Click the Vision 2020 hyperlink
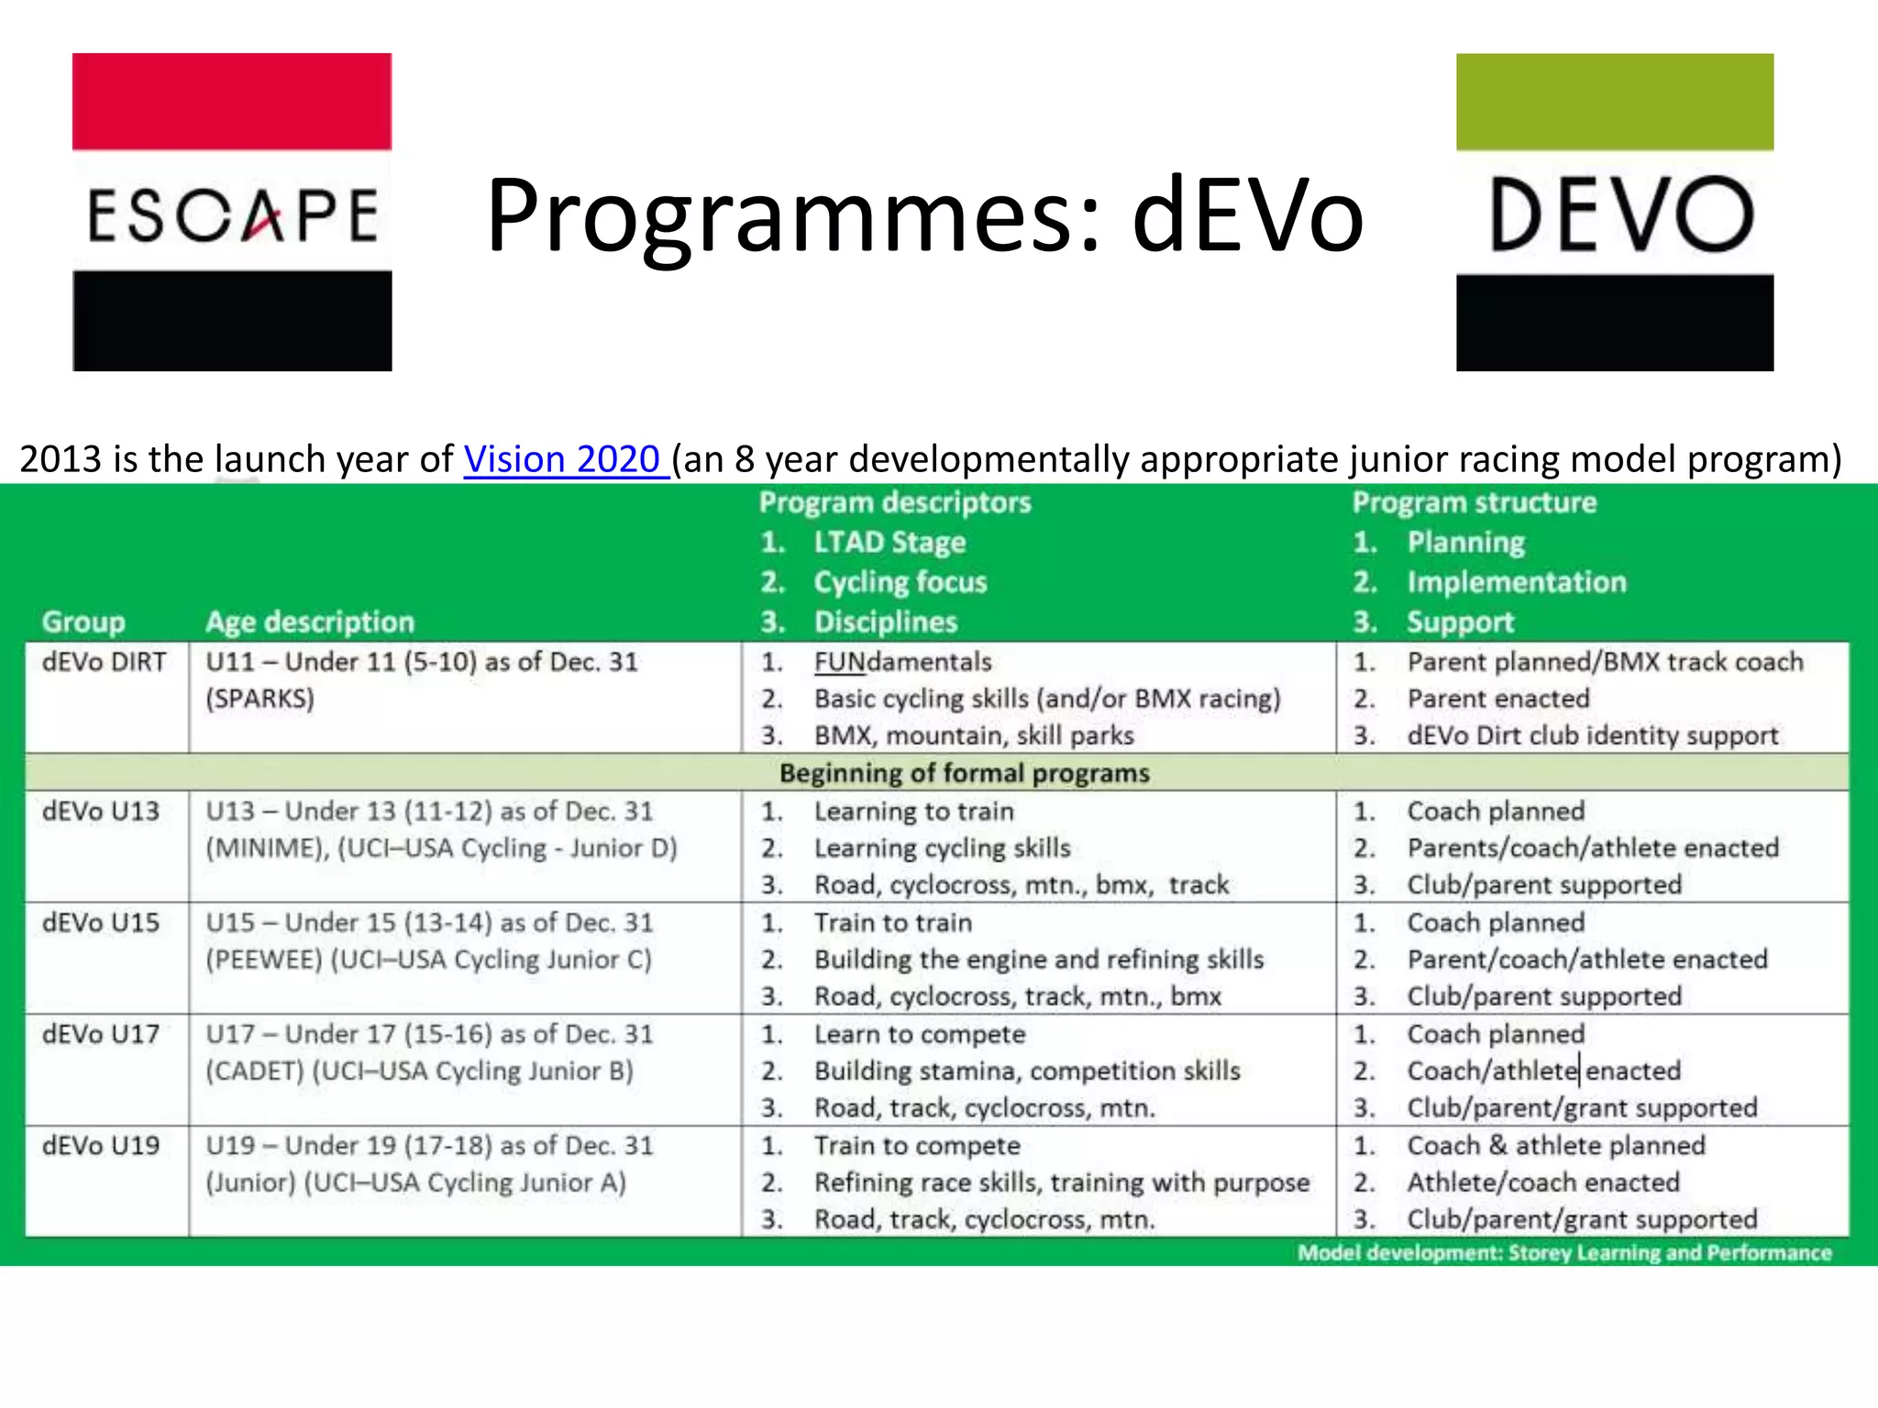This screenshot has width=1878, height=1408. tap(565, 459)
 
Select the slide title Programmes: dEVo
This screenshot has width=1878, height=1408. tap(924, 216)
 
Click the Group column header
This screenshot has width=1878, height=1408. tap(83, 622)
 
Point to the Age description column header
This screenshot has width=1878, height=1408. tap(310, 622)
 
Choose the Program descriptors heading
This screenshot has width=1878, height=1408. tap(895, 502)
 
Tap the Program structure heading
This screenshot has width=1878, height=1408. tap(1475, 502)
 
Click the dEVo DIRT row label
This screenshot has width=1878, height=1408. tap(105, 662)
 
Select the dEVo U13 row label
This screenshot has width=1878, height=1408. tap(101, 811)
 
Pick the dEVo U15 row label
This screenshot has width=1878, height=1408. tap(101, 923)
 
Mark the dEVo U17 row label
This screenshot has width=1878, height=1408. tap(101, 1035)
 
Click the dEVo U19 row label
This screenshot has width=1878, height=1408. tap(101, 1146)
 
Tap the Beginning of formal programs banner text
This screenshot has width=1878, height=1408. tap(964, 774)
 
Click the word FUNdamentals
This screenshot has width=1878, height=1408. tap(903, 662)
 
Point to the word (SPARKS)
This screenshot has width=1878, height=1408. tap(260, 699)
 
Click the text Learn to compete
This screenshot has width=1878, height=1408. tap(920, 1035)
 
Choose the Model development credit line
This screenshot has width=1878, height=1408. tap(1564, 1253)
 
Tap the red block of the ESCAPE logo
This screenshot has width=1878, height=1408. tap(232, 101)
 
